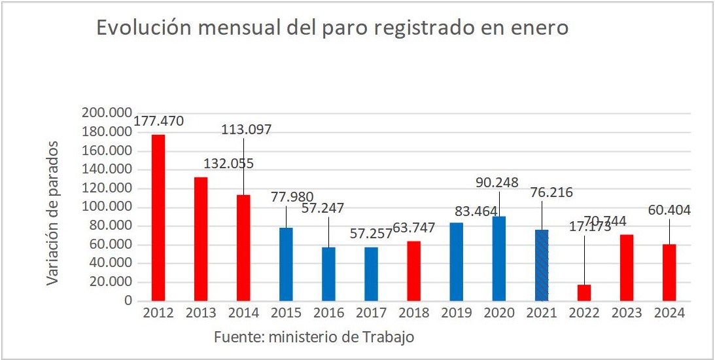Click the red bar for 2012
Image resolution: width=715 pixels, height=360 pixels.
[x=158, y=218]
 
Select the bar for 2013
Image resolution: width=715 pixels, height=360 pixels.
[x=201, y=239]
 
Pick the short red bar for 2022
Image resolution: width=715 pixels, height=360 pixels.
[x=584, y=293]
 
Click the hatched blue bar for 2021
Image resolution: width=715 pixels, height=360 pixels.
[x=542, y=265]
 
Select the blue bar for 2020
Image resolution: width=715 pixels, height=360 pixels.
[x=499, y=259]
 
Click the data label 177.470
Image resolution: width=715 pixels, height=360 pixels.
[x=159, y=121]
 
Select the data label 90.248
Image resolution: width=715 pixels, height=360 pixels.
[x=499, y=183]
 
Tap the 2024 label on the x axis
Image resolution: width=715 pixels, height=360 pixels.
[x=669, y=314]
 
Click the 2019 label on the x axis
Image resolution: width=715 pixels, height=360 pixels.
[x=457, y=314]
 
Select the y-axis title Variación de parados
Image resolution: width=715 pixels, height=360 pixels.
[x=54, y=213]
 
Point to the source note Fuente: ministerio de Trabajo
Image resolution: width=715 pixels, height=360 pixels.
[x=314, y=338]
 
